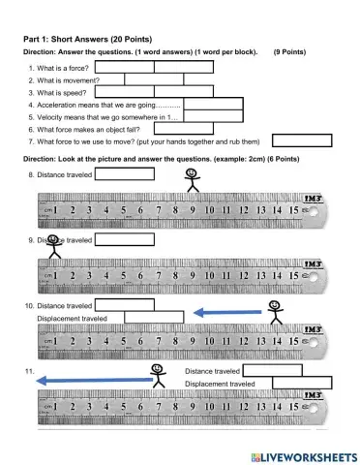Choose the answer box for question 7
301,140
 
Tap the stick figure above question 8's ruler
191,181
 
